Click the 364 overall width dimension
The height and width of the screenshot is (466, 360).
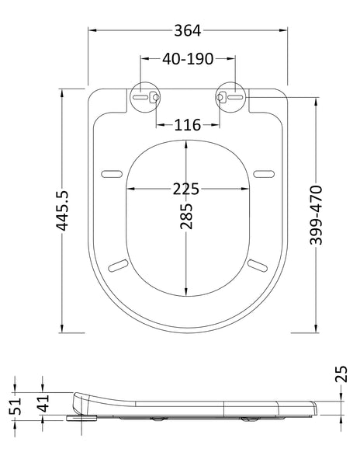point(187,30)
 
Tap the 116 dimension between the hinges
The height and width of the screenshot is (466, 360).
point(187,124)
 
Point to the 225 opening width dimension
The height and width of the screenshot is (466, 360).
point(187,189)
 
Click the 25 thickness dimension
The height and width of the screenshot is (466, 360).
point(339,377)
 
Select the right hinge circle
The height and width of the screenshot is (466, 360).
point(229,97)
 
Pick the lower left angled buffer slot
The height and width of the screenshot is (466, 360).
point(119,265)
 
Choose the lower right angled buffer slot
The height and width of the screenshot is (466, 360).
point(256,265)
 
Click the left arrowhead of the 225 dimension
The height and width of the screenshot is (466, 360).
point(130,189)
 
